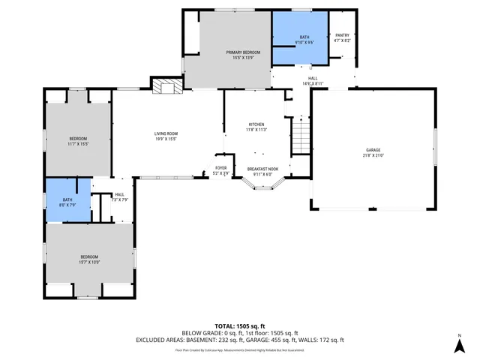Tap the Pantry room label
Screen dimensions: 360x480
[342, 36]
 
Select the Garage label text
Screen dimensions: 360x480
[373, 150]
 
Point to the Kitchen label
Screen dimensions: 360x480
[256, 124]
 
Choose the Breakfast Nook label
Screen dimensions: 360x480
[262, 169]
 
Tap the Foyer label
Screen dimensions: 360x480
[220, 168]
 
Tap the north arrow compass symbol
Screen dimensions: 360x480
[459, 344]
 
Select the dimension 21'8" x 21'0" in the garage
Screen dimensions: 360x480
[373, 156]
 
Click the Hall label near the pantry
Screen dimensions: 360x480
[313, 79]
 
